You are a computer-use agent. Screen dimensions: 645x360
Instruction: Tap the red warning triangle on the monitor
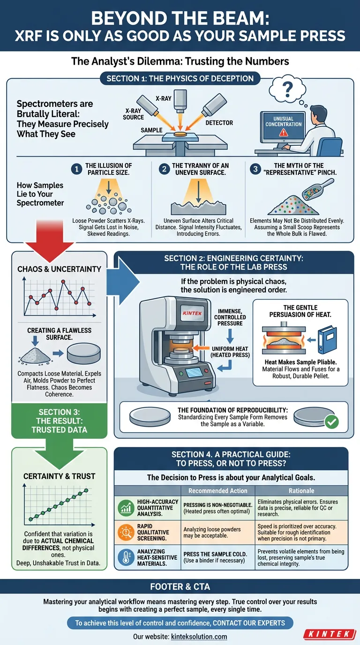point(283,133)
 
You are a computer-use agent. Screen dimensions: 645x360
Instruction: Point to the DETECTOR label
point(219,123)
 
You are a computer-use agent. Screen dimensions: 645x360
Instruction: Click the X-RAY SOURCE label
point(134,114)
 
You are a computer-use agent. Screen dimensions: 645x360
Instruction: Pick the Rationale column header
point(301,491)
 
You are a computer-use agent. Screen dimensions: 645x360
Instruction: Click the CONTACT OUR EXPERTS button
point(180,622)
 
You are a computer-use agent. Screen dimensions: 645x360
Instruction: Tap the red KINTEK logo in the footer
point(330,634)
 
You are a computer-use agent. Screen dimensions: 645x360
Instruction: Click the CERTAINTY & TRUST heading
point(59,476)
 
